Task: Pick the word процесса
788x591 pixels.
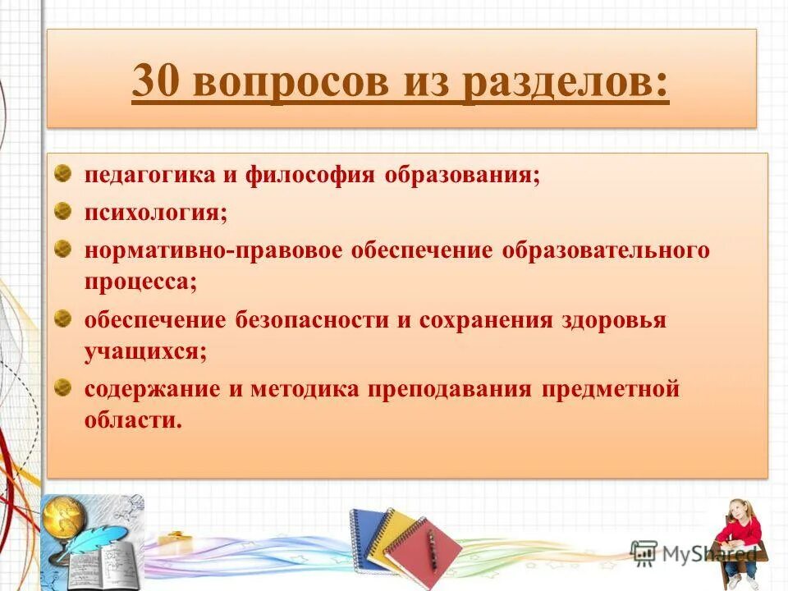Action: pos(140,282)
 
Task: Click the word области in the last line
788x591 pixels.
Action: pos(131,421)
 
